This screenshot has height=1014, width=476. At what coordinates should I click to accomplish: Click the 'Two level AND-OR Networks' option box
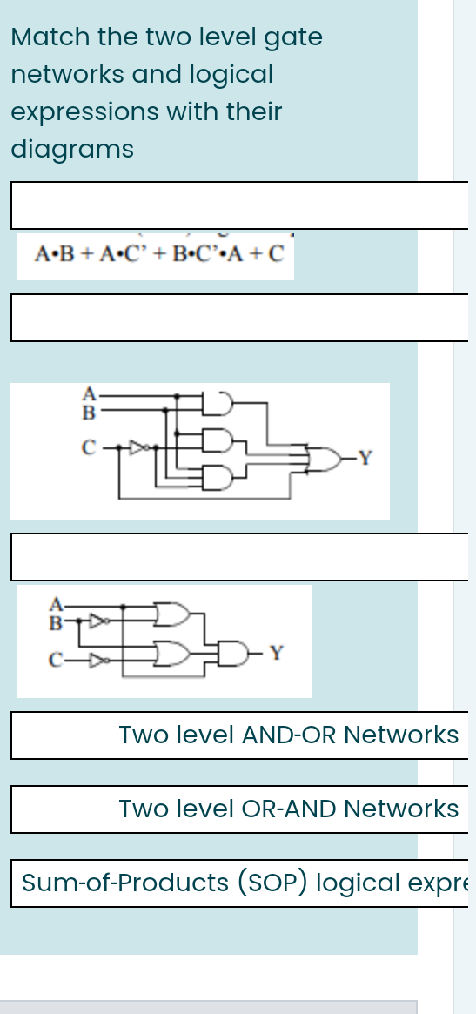click(239, 735)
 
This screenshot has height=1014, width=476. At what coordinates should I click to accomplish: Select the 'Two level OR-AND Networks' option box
click(239, 809)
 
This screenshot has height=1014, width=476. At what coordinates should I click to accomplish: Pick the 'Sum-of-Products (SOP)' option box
click(239, 883)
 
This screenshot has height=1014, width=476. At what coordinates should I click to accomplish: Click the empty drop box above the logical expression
click(239, 205)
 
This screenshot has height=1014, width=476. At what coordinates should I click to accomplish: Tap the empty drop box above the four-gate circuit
click(239, 318)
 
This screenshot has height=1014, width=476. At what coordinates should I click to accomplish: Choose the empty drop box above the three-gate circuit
click(239, 557)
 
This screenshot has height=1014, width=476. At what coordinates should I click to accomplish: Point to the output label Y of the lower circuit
click(276, 652)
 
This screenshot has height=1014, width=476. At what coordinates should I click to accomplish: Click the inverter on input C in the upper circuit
click(137, 448)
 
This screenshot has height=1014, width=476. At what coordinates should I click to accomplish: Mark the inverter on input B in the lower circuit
click(101, 621)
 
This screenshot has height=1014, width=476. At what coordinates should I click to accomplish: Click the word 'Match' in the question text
click(50, 37)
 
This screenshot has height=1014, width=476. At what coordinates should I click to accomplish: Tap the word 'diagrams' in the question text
click(72, 150)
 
